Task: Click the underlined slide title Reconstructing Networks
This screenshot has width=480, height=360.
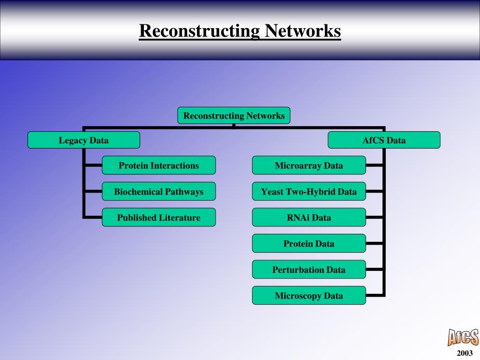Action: point(240,31)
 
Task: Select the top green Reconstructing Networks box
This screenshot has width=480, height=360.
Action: point(234,115)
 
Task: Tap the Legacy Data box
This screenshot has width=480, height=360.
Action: point(83,140)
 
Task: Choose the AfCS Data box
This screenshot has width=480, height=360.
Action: point(384,140)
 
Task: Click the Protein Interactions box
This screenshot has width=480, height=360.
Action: point(158,165)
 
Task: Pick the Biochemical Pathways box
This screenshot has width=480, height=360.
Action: point(158,191)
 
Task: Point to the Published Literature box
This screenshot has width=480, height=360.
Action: point(158,217)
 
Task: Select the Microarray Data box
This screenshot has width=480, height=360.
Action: point(308,165)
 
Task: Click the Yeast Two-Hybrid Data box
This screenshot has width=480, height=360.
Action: point(308,191)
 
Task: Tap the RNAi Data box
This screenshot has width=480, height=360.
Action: point(308,217)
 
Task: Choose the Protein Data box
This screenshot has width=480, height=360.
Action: point(308,243)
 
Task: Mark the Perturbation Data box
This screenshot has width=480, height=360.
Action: point(308,270)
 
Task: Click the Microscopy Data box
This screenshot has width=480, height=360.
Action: point(308,295)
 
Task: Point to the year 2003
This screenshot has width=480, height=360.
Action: point(465,353)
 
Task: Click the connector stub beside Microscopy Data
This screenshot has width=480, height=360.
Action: point(375,295)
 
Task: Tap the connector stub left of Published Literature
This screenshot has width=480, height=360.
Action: point(93,217)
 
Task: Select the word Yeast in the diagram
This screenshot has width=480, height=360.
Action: point(272,191)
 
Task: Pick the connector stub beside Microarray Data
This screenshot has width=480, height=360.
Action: point(375,165)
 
